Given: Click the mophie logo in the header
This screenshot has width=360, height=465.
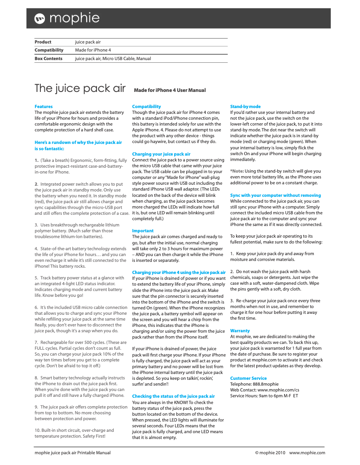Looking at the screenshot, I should click(x=67, y=18).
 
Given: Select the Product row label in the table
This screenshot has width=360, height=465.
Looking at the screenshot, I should click(x=43, y=42).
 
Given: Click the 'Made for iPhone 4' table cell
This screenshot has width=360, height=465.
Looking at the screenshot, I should click(x=93, y=50).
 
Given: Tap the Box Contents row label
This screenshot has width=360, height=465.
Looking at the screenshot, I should click(x=48, y=59).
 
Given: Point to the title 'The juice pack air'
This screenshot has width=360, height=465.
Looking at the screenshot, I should click(x=80, y=88).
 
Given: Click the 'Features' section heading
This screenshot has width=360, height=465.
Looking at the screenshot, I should click(x=44, y=107).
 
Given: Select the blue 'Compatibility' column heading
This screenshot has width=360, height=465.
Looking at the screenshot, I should click(x=146, y=107).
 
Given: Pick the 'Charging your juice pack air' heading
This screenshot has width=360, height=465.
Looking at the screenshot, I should click(x=161, y=154).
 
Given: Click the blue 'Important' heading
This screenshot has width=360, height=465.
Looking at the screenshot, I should click(x=143, y=231).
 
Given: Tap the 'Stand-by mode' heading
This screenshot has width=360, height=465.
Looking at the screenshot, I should click(x=245, y=107).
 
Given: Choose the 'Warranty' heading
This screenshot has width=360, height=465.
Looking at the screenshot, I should click(x=240, y=331).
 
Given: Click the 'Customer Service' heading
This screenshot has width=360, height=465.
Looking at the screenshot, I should click(x=248, y=378).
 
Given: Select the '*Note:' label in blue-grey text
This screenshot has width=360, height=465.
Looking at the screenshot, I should click(x=237, y=171).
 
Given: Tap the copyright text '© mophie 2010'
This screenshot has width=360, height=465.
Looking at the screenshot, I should click(x=270, y=453).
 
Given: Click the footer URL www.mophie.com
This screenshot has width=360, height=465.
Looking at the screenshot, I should click(x=307, y=453).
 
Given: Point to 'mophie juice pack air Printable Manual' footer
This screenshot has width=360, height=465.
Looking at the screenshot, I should click(x=73, y=453).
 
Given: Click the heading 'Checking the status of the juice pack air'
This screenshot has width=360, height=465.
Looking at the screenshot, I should click(x=173, y=396).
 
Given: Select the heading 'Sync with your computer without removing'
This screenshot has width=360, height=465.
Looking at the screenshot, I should click(x=275, y=196).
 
